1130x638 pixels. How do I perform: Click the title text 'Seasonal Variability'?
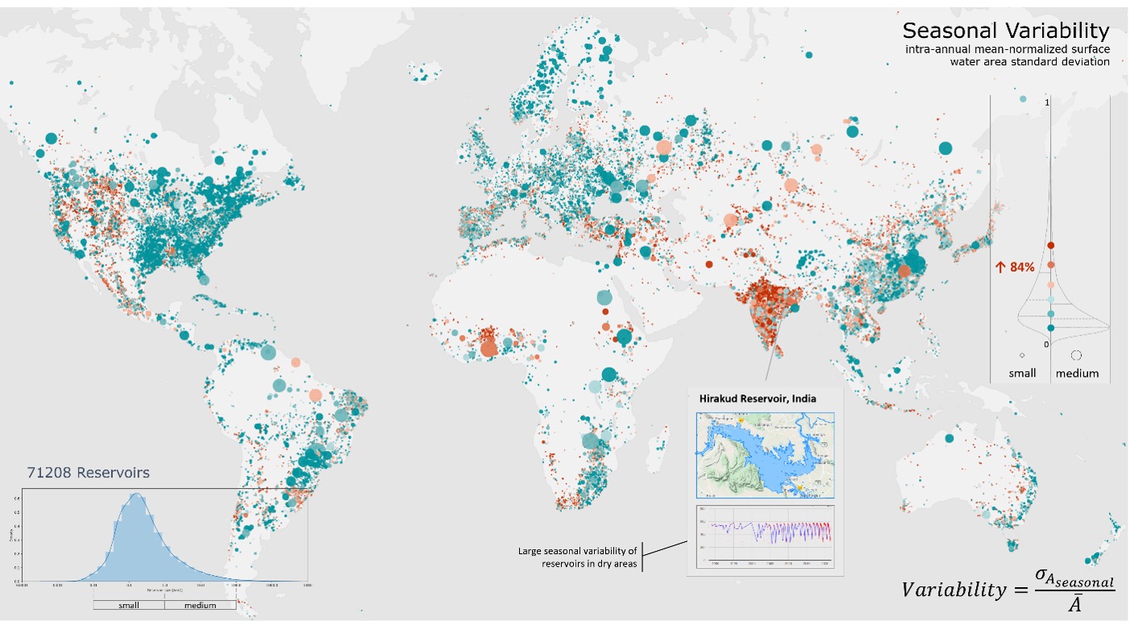pos(1005,31)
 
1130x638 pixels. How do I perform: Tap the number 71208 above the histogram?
pos(49,472)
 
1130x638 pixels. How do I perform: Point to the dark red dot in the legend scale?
pos(1050,245)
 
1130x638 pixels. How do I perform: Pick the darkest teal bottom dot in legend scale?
pos(1050,327)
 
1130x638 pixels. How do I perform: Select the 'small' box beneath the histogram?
pos(129,605)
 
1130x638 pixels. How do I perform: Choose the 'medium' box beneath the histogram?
pos(200,605)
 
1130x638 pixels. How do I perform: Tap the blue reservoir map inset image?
pos(764,456)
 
